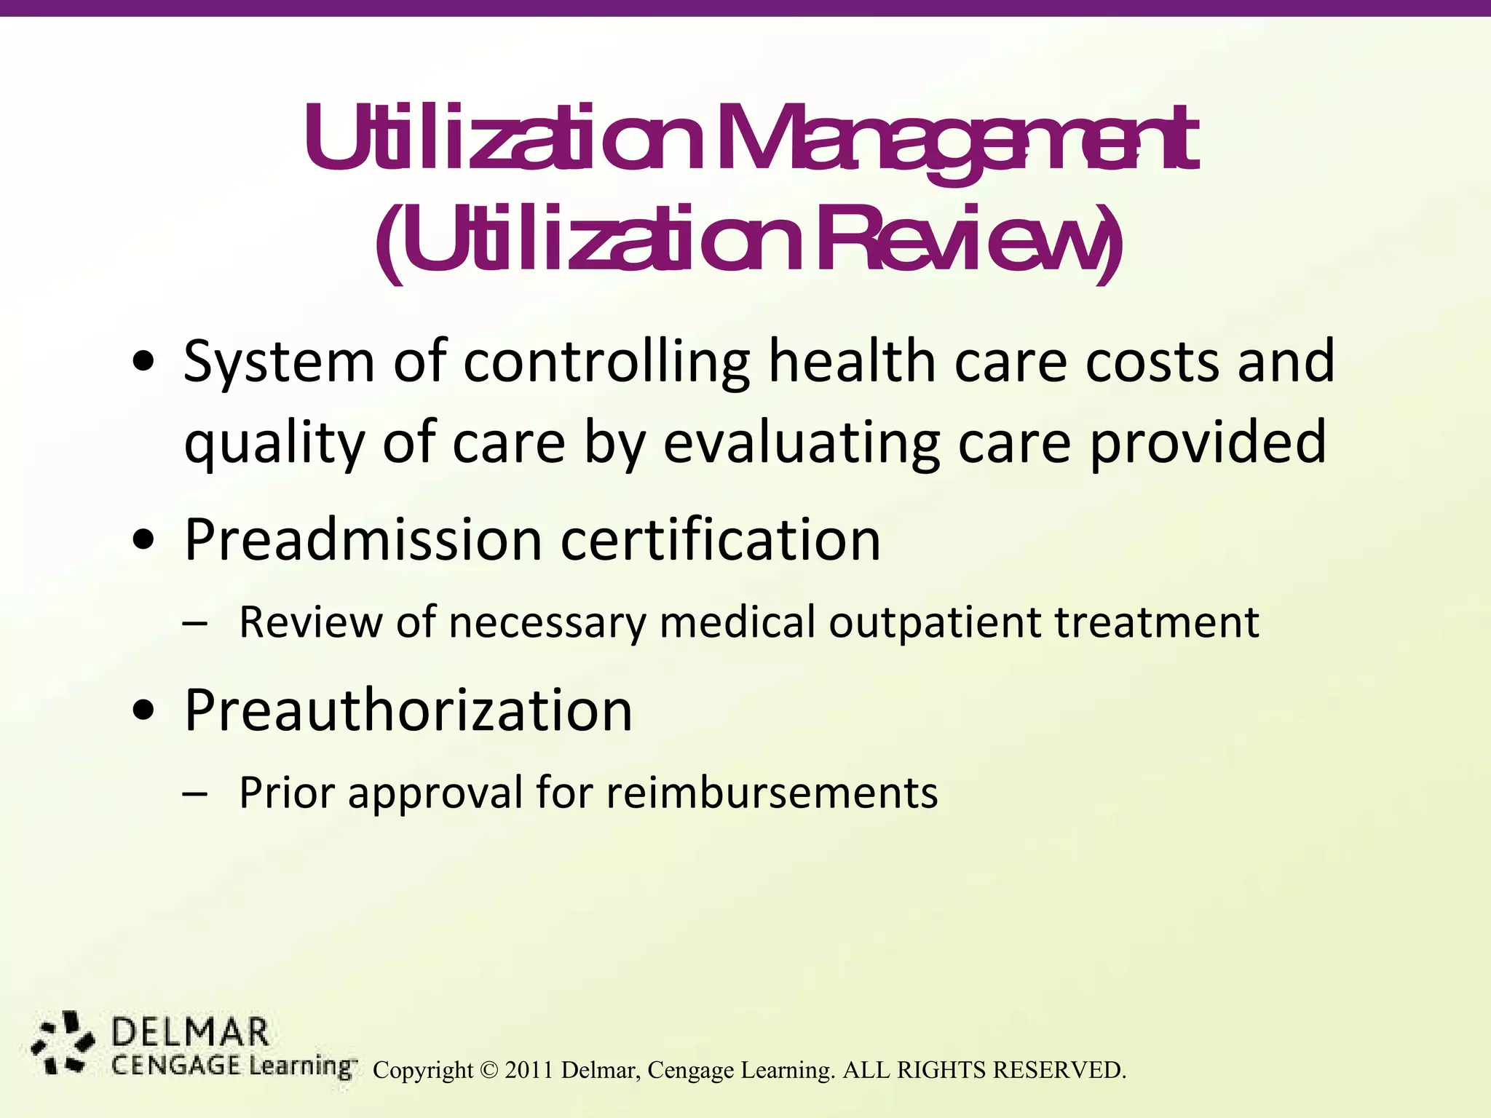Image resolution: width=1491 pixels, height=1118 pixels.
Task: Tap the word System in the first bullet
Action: click(279, 362)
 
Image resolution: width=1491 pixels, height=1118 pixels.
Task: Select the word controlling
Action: click(606, 362)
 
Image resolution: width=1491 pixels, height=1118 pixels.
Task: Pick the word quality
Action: click(273, 445)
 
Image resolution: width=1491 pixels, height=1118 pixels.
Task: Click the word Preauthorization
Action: click(408, 710)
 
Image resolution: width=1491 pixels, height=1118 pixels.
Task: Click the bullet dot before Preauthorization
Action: click(145, 711)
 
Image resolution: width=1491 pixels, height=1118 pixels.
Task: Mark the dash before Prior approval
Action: click(194, 794)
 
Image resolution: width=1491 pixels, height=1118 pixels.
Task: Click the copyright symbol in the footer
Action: click(490, 1070)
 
